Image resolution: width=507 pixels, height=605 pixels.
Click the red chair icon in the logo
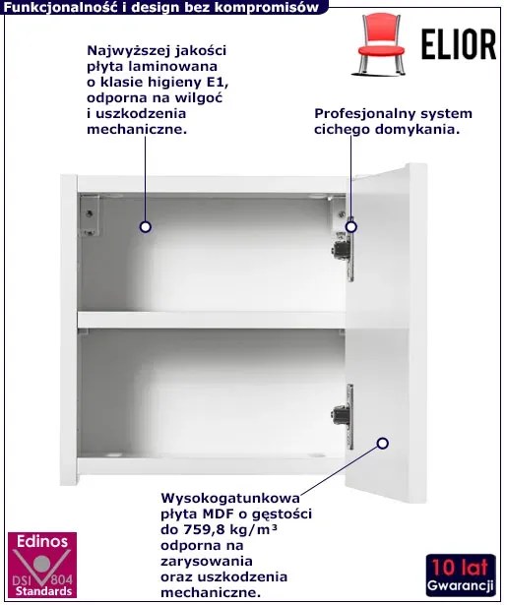coord(381,43)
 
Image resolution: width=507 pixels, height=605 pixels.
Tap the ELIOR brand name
coord(459,44)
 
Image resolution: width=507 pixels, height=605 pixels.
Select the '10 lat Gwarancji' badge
coord(461,575)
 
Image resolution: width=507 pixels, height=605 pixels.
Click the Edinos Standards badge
coord(42,565)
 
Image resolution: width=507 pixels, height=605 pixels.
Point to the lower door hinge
coord(344,416)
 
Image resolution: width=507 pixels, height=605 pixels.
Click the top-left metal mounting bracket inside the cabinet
coord(90,215)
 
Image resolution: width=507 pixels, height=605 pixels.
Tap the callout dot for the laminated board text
coord(145,227)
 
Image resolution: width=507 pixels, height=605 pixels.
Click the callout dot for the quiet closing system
coord(350,226)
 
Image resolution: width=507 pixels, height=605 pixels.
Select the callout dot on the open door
coord(382,444)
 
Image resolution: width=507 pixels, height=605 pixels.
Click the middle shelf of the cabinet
coord(212,320)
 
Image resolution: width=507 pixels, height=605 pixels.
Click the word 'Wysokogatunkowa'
coord(230,498)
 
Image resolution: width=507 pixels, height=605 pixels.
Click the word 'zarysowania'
coord(207,561)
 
